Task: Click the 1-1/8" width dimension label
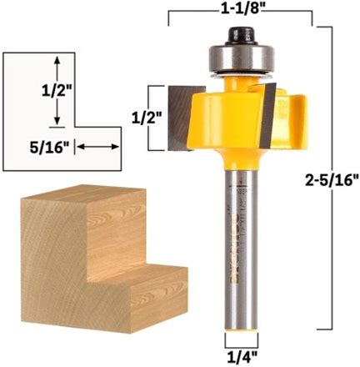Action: [x=241, y=9]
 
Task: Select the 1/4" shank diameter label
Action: [x=241, y=357]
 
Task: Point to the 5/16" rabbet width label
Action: [x=49, y=148]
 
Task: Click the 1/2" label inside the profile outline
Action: [x=57, y=90]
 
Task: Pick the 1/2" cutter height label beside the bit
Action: [x=146, y=118]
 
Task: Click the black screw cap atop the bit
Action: [x=242, y=35]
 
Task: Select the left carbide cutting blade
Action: [x=181, y=118]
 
